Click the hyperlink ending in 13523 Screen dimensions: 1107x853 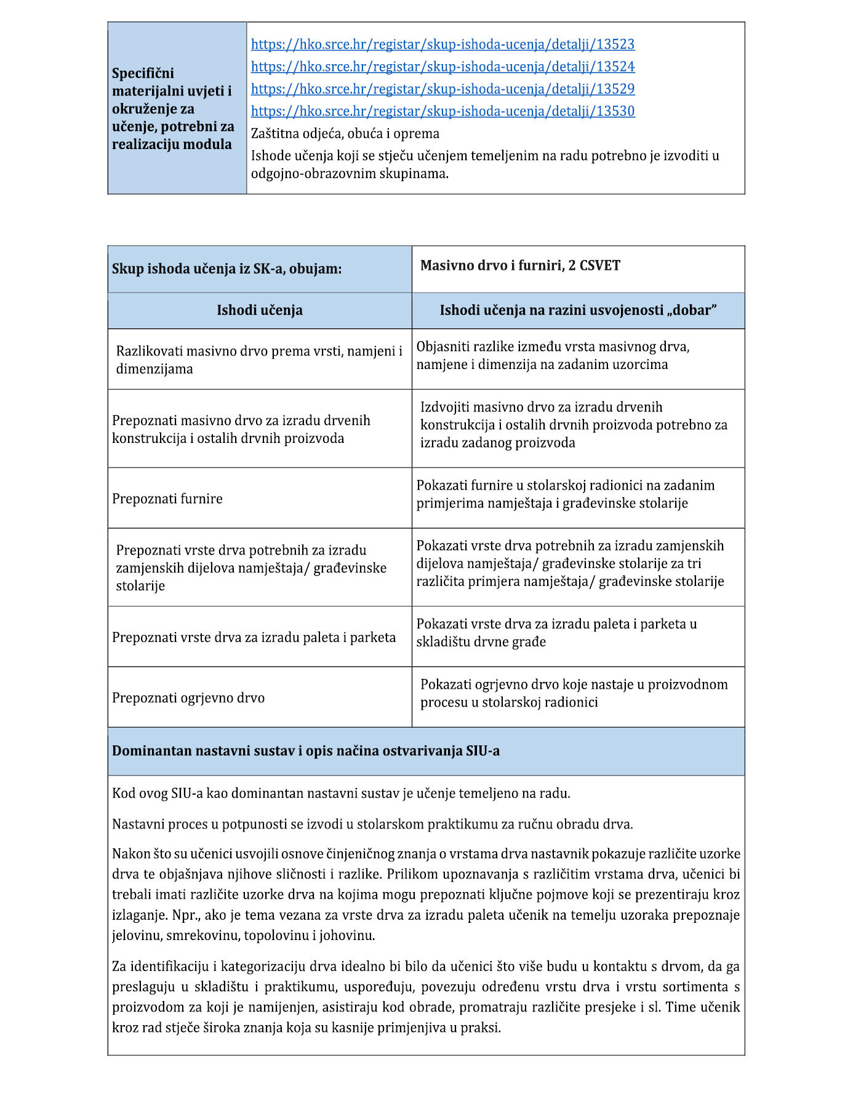click(x=443, y=44)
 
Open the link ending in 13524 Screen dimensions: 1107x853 click(x=443, y=67)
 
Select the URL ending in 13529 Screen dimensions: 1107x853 click(x=443, y=89)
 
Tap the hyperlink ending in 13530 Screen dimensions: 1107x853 click(x=443, y=111)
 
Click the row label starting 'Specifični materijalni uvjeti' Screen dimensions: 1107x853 click(x=174, y=108)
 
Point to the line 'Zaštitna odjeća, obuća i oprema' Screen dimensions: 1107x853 click(x=345, y=134)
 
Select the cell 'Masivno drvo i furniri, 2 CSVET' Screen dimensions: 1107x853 click(x=520, y=266)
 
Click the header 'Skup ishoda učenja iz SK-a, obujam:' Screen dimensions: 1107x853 click(x=226, y=269)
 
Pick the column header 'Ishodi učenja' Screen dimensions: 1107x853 click(x=259, y=310)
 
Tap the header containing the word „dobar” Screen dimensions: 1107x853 click(x=578, y=310)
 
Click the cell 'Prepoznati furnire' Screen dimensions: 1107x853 click(x=167, y=498)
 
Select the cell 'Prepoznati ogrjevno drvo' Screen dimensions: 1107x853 click(x=188, y=698)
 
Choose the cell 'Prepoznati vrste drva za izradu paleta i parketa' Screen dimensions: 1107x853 click(x=254, y=637)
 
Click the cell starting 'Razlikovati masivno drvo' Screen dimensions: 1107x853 click(x=259, y=360)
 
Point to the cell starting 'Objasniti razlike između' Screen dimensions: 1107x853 click(x=553, y=355)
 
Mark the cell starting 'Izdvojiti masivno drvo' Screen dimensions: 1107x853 click(x=574, y=424)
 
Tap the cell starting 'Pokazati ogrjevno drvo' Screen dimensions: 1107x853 click(x=574, y=693)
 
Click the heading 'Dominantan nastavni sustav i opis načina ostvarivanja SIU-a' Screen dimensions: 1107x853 click(x=306, y=751)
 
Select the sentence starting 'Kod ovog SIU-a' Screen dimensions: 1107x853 click(x=341, y=793)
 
